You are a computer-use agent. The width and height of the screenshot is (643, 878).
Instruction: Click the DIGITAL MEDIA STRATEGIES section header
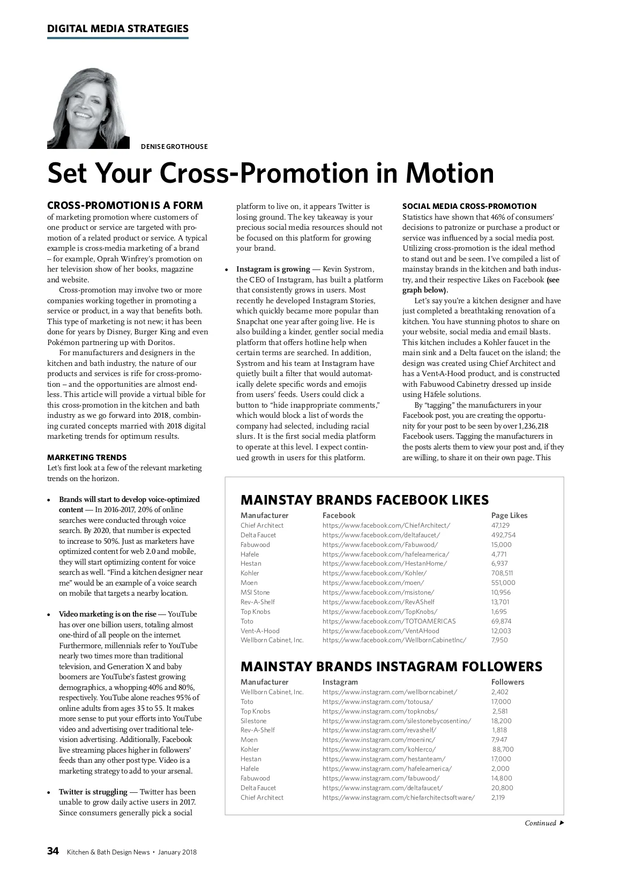tap(118, 29)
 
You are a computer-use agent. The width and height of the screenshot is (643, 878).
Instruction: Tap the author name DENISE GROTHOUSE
tap(174, 146)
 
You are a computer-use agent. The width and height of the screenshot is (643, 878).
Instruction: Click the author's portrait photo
tap(88, 108)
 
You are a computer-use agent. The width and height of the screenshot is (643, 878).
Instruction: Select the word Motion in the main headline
tap(450, 173)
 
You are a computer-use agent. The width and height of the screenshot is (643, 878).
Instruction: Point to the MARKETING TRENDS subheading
tap(87, 457)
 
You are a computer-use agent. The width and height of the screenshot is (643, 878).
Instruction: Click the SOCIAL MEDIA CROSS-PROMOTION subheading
tap(469, 206)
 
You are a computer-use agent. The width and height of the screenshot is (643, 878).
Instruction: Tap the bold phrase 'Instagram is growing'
tap(273, 269)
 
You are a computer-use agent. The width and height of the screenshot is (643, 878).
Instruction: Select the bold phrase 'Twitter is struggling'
tap(93, 792)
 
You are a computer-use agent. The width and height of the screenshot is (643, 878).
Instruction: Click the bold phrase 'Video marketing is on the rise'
tap(108, 614)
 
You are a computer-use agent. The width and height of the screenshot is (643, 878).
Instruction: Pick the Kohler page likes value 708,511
tap(502, 573)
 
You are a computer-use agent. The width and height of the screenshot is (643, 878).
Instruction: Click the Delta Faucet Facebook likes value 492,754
tap(503, 535)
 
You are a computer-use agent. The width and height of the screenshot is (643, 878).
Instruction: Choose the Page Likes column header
tap(509, 515)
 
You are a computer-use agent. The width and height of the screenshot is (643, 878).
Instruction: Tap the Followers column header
tap(507, 682)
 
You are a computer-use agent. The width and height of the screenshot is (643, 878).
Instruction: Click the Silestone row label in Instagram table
tap(253, 721)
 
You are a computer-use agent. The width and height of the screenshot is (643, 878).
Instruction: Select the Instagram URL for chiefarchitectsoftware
tap(399, 797)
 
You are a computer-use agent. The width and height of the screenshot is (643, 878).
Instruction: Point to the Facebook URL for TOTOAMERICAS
tap(389, 621)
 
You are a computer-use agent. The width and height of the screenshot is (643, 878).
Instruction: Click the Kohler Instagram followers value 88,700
tap(503, 749)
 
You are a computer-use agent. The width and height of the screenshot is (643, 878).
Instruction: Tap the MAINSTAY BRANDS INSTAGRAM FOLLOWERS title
tap(391, 666)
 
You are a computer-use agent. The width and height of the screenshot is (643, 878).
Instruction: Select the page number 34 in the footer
tap(53, 851)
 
